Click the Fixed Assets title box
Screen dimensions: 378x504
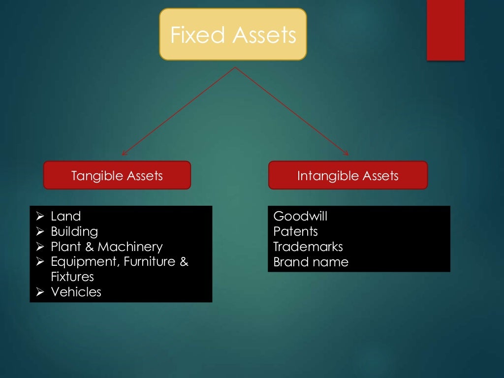233,34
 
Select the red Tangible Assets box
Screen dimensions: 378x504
117,175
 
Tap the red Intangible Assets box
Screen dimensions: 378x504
347,175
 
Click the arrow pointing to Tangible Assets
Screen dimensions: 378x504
178,111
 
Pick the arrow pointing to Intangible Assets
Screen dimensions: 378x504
292,111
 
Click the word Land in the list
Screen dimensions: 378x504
65,216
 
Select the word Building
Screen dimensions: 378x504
74,231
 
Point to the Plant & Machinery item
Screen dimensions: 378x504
106,247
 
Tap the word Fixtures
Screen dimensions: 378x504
72,277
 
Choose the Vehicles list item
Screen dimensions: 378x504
76,292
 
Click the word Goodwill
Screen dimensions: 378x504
300,216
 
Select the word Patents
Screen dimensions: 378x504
295,231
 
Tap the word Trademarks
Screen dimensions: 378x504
308,247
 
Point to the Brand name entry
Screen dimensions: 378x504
311,262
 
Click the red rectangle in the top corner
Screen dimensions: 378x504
445,30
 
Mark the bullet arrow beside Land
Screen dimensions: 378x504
40,216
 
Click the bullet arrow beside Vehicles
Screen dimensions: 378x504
40,292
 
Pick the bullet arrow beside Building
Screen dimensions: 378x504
40,231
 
